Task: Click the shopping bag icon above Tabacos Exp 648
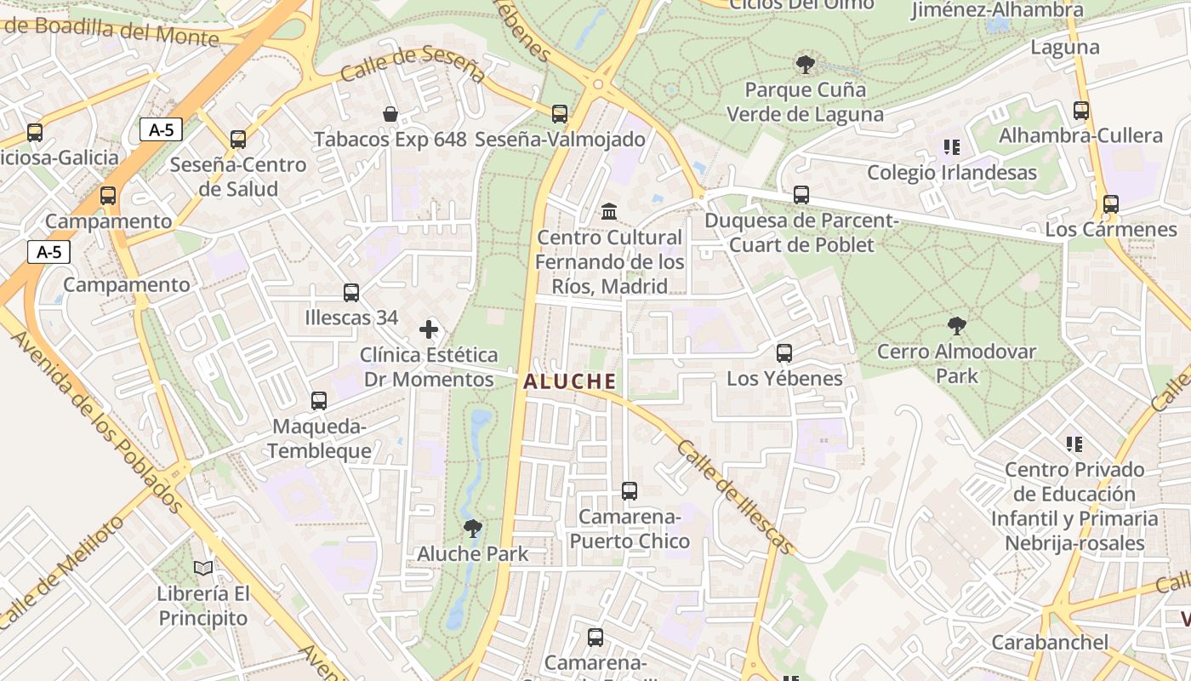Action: (x=390, y=114)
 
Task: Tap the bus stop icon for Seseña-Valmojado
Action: (x=559, y=113)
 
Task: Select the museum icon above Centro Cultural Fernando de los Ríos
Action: (x=609, y=211)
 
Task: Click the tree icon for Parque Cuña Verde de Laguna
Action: (x=805, y=64)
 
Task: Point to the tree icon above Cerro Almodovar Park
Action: (x=956, y=325)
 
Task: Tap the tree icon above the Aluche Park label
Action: (x=472, y=529)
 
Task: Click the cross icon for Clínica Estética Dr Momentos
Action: (x=429, y=329)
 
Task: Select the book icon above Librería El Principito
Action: (x=202, y=568)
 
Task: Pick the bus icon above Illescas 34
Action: (x=351, y=293)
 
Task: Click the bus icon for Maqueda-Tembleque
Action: (x=319, y=400)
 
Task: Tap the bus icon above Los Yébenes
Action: (x=784, y=352)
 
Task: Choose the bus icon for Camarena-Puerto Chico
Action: (x=630, y=491)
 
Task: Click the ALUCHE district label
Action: (x=569, y=381)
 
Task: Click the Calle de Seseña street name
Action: (x=413, y=65)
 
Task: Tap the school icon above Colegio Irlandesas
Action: (x=951, y=147)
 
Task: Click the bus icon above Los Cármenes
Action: (x=1110, y=204)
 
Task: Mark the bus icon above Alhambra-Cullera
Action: (x=1080, y=111)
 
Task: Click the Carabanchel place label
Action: (x=1050, y=642)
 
